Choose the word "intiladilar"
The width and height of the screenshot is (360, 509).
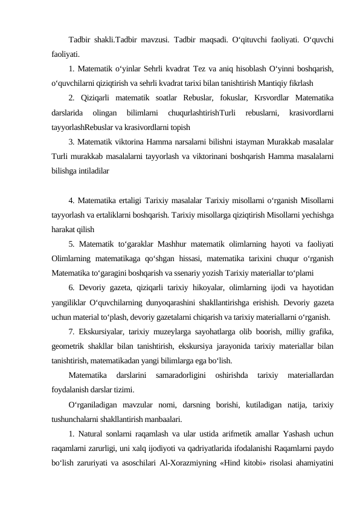(x=90, y=171)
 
